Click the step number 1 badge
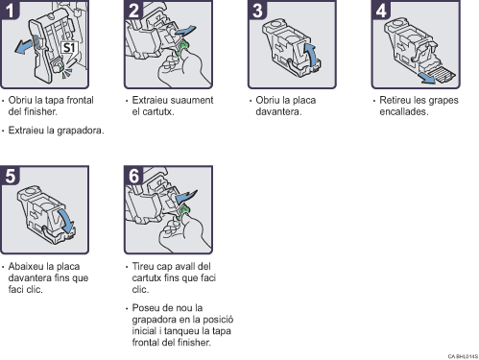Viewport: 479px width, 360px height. (x=10, y=10)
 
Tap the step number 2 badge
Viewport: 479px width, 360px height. (x=133, y=10)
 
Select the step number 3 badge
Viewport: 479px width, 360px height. (x=257, y=10)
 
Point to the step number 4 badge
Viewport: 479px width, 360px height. (x=381, y=10)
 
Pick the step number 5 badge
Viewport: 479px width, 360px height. (x=10, y=176)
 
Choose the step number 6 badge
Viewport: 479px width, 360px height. (x=133, y=176)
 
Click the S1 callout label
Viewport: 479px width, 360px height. (x=69, y=48)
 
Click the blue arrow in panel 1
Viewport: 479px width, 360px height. (x=23, y=46)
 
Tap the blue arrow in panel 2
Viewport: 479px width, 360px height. (x=185, y=31)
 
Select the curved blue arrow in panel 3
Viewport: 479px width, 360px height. (x=310, y=55)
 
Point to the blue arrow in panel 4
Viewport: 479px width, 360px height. (x=427, y=78)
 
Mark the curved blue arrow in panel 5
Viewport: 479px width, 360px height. (x=66, y=221)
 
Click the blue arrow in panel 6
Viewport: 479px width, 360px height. (x=186, y=196)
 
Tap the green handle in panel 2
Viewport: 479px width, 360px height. (x=182, y=47)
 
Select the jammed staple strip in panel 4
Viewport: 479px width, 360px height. (x=443, y=75)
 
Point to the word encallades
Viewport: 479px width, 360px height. (x=404, y=111)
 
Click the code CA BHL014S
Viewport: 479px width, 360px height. (x=463, y=356)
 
